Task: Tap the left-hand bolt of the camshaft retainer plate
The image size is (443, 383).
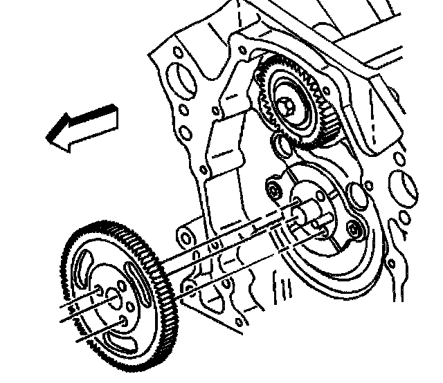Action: [x=273, y=189]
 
